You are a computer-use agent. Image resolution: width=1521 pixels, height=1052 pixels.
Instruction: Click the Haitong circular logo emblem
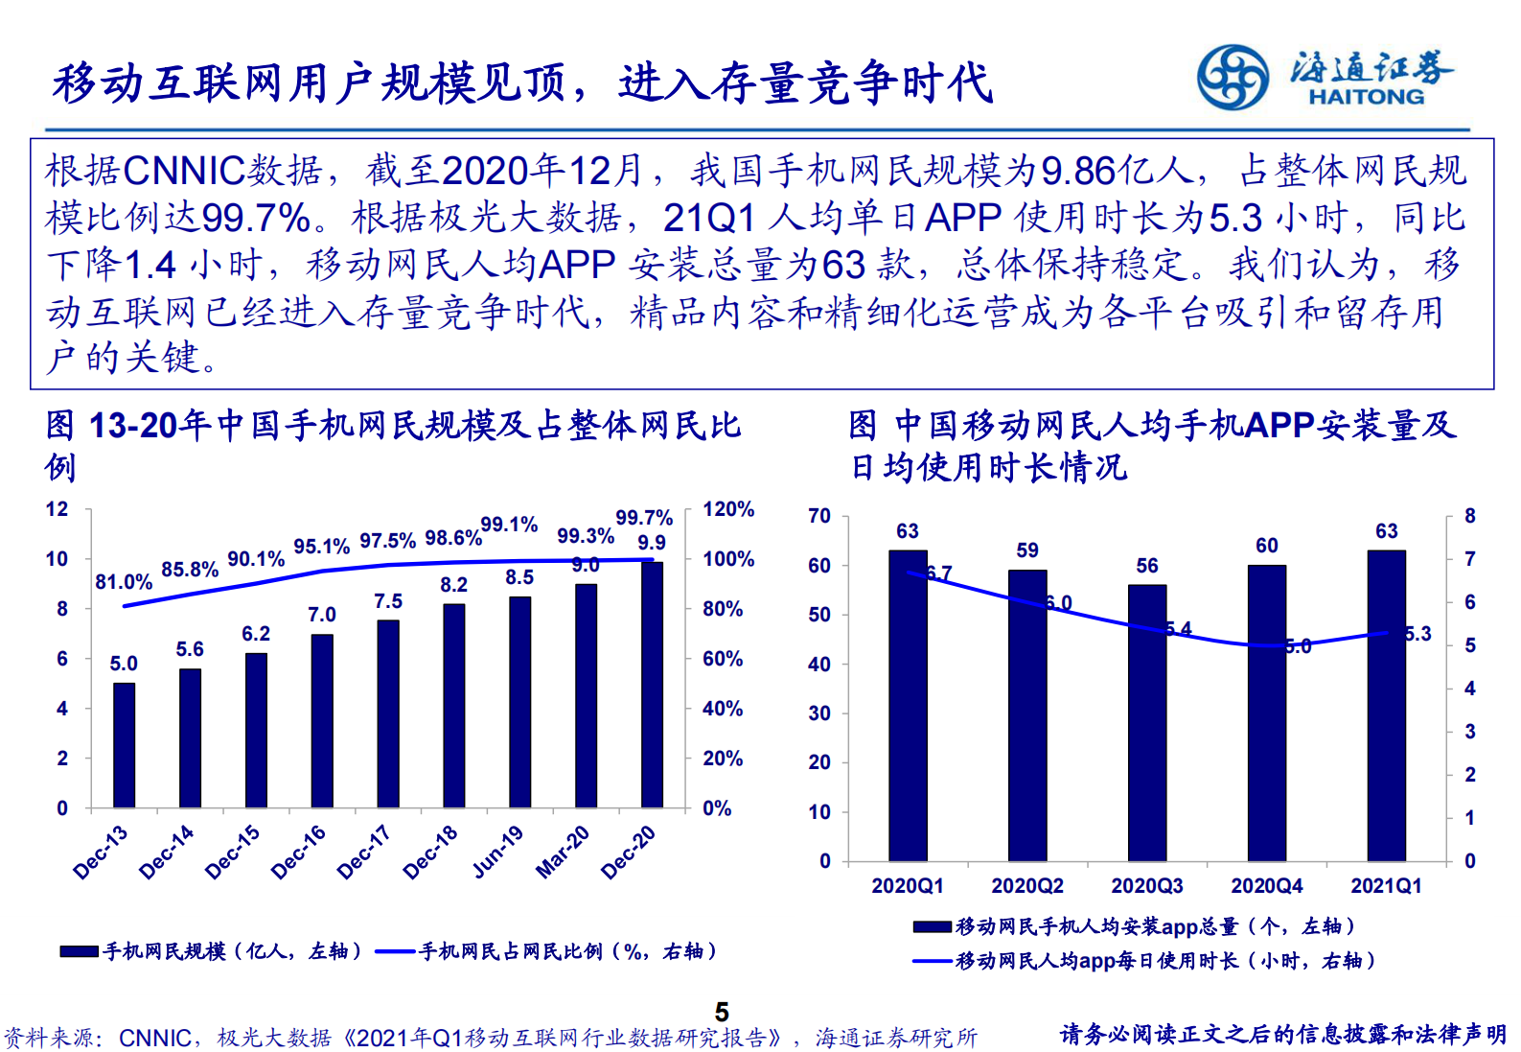click(1233, 78)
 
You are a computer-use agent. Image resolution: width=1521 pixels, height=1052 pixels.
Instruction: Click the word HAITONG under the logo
click(1366, 97)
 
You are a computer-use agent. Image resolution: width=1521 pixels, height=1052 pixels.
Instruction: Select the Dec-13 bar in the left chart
click(124, 745)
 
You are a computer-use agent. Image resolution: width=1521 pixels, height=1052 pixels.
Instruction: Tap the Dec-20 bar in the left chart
click(652, 685)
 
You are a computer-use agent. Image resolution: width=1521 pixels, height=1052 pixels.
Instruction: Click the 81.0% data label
click(124, 582)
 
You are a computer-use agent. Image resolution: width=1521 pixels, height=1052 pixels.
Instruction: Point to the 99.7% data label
click(644, 518)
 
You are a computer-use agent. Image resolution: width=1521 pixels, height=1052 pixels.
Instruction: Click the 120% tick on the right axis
click(728, 509)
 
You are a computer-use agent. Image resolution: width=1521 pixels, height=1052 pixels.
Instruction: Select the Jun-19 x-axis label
click(498, 852)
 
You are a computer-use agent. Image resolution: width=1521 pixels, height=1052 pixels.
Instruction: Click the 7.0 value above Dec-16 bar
click(321, 615)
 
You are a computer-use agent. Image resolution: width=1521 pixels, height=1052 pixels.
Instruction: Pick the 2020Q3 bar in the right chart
click(1146, 722)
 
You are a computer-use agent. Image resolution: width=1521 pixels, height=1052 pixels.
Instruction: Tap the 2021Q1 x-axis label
click(1386, 886)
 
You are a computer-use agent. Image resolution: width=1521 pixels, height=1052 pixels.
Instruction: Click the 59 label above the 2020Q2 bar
click(1027, 550)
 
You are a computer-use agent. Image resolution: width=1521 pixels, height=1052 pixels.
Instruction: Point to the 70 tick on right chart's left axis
click(818, 516)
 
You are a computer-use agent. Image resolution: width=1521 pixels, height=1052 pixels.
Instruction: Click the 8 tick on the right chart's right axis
click(1469, 516)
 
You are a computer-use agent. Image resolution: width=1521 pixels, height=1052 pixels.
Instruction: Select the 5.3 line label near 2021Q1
click(1417, 634)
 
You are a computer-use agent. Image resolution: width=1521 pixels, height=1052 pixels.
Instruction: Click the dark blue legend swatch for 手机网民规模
click(79, 951)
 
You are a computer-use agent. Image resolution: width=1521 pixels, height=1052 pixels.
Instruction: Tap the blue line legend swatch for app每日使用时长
click(932, 961)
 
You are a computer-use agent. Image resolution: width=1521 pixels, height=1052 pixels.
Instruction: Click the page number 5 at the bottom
click(722, 1013)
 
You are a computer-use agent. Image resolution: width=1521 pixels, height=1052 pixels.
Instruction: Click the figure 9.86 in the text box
click(1078, 172)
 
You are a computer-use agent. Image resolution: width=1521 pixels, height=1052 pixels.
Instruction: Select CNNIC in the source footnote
click(154, 1039)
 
